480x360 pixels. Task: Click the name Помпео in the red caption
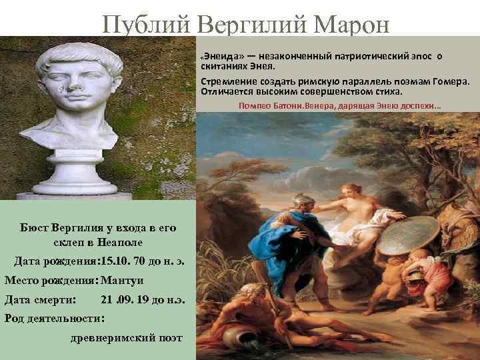pos(255,105)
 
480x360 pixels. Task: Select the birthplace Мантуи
pos(123,279)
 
